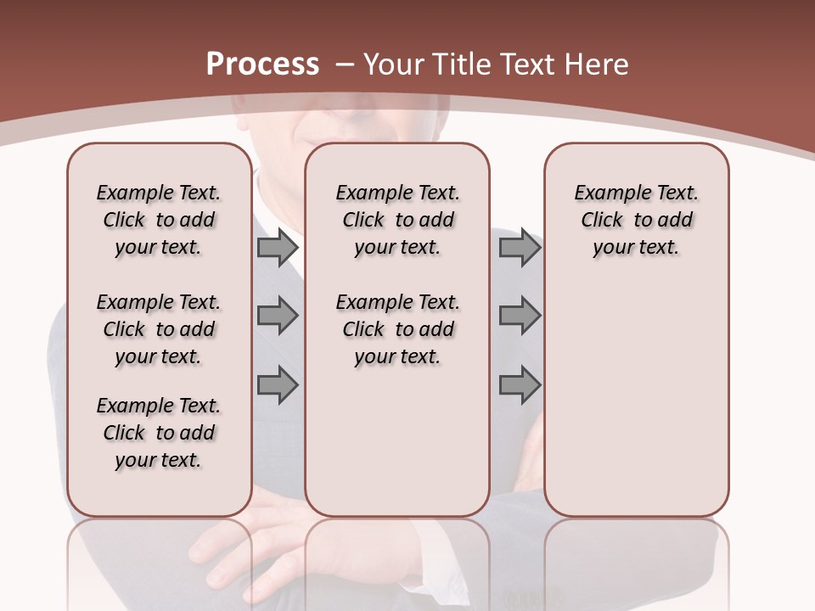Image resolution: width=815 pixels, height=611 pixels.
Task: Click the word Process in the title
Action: point(262,64)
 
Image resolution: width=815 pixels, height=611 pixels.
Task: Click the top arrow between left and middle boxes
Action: point(278,248)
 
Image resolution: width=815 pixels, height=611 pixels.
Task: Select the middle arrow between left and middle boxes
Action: point(278,316)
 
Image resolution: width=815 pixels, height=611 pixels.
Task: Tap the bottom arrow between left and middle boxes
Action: point(278,385)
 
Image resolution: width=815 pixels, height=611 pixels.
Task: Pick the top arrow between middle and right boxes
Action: point(520,248)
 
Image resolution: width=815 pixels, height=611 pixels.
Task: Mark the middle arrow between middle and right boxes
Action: point(520,316)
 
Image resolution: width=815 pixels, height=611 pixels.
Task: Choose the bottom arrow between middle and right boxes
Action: point(520,385)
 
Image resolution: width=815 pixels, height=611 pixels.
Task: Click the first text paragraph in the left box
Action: point(158,220)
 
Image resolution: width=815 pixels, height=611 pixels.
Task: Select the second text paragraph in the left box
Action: point(158,329)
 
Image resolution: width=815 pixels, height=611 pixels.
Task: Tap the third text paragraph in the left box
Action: point(158,433)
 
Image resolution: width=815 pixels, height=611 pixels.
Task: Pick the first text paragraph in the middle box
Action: point(397,220)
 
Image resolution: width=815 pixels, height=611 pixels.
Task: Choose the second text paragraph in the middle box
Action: point(397,329)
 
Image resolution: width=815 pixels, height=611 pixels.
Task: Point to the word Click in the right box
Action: point(602,221)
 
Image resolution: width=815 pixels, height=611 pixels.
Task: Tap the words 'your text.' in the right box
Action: point(636,248)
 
